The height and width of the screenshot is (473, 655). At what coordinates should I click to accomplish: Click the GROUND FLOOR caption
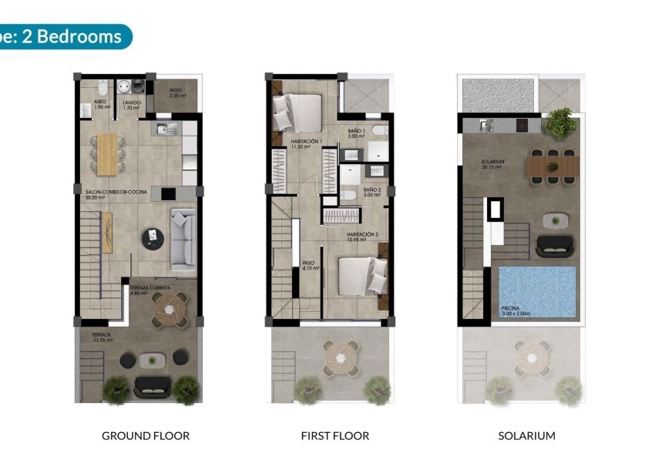click(146, 436)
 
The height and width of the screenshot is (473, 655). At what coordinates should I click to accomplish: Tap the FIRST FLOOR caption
click(335, 436)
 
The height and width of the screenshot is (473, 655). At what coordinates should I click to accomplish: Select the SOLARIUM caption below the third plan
click(526, 436)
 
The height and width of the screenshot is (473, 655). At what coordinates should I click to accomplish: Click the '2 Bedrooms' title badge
click(65, 36)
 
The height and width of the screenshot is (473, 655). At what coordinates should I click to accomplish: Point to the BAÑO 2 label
click(372, 191)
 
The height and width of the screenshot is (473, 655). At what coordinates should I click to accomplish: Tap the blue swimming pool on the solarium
click(537, 292)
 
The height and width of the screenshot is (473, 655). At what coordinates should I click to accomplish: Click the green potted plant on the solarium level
click(560, 122)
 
